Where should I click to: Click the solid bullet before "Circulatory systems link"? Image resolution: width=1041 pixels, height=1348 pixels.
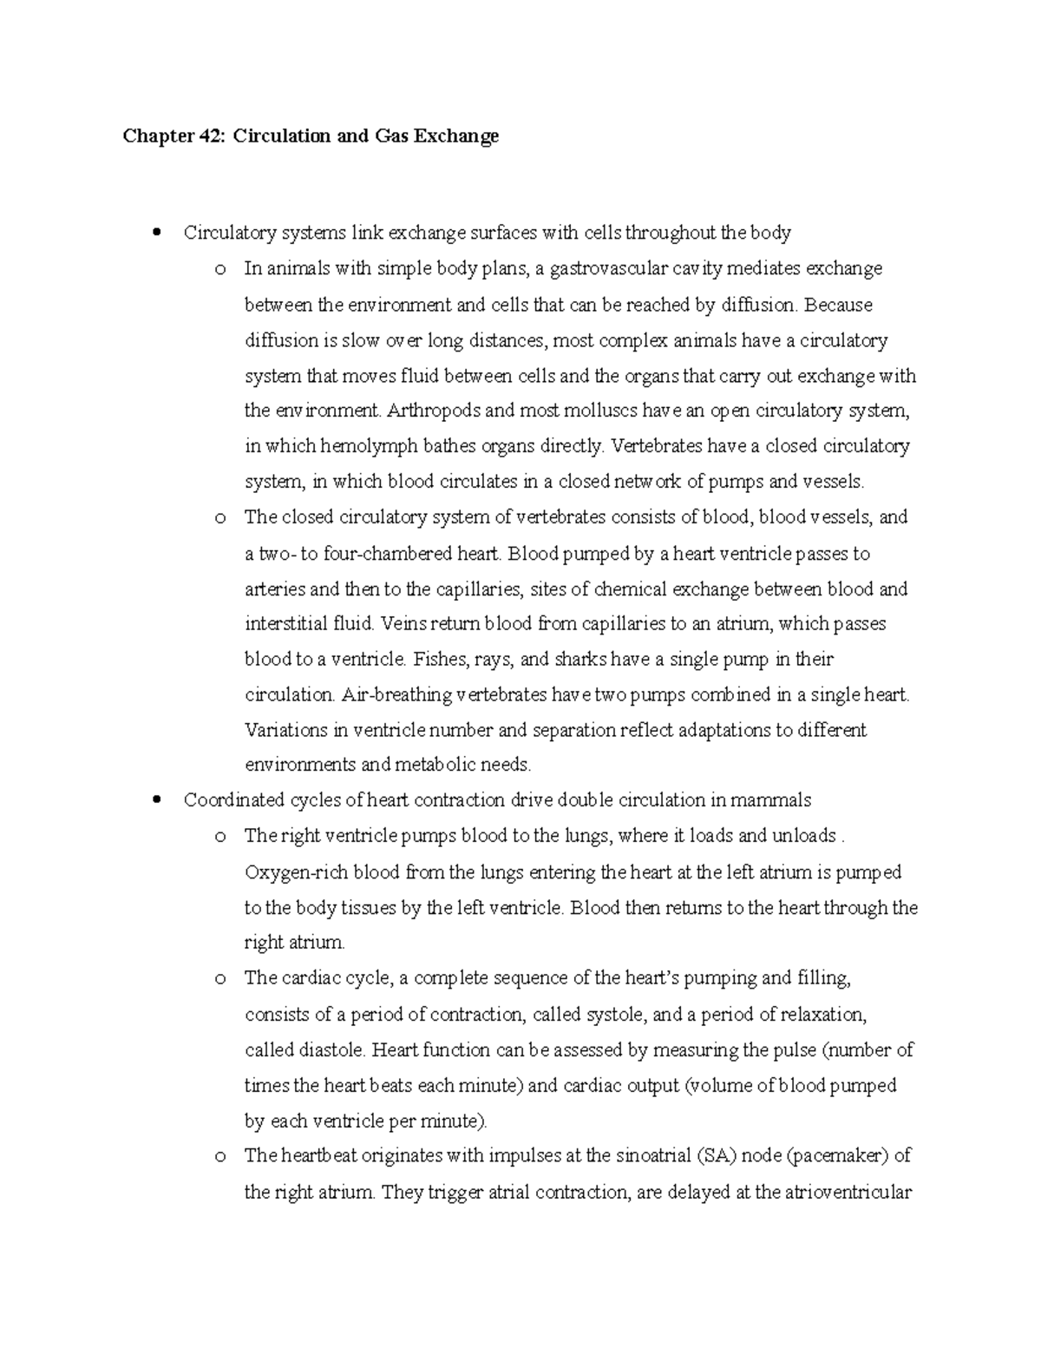pos(156,233)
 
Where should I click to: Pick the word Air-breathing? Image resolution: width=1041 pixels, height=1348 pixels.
pos(397,695)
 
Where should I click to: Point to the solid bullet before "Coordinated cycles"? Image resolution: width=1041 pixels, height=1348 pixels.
pos(156,800)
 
